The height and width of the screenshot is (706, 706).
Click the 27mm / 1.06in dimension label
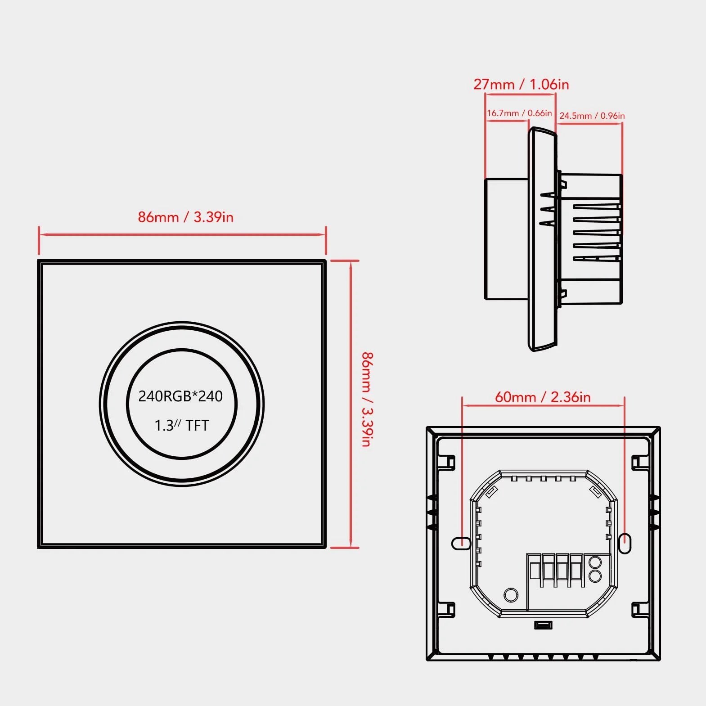(521, 84)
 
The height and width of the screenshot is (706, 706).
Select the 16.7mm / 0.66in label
(519, 113)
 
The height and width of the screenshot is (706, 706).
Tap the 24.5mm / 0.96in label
(592, 116)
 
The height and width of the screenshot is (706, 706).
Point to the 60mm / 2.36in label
(543, 397)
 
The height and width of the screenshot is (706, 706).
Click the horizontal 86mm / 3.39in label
(185, 217)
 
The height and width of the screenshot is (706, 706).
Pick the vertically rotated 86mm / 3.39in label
(368, 400)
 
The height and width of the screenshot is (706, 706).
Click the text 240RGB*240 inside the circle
(180, 396)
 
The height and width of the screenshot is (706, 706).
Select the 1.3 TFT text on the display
(182, 425)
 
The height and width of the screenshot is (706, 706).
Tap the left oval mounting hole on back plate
(461, 544)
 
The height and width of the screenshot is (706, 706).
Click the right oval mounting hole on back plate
(625, 544)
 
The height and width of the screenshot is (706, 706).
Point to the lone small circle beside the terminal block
(511, 595)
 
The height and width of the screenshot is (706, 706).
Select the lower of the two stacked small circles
(595, 576)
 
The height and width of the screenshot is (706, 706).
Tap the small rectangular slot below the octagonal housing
(543, 625)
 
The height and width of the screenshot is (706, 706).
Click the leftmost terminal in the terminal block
(535, 571)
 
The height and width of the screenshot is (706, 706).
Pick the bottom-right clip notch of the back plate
(638, 610)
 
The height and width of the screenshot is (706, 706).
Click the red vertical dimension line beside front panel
(351, 404)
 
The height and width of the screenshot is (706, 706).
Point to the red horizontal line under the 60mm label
(543, 405)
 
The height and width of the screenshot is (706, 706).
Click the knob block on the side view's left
(506, 239)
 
